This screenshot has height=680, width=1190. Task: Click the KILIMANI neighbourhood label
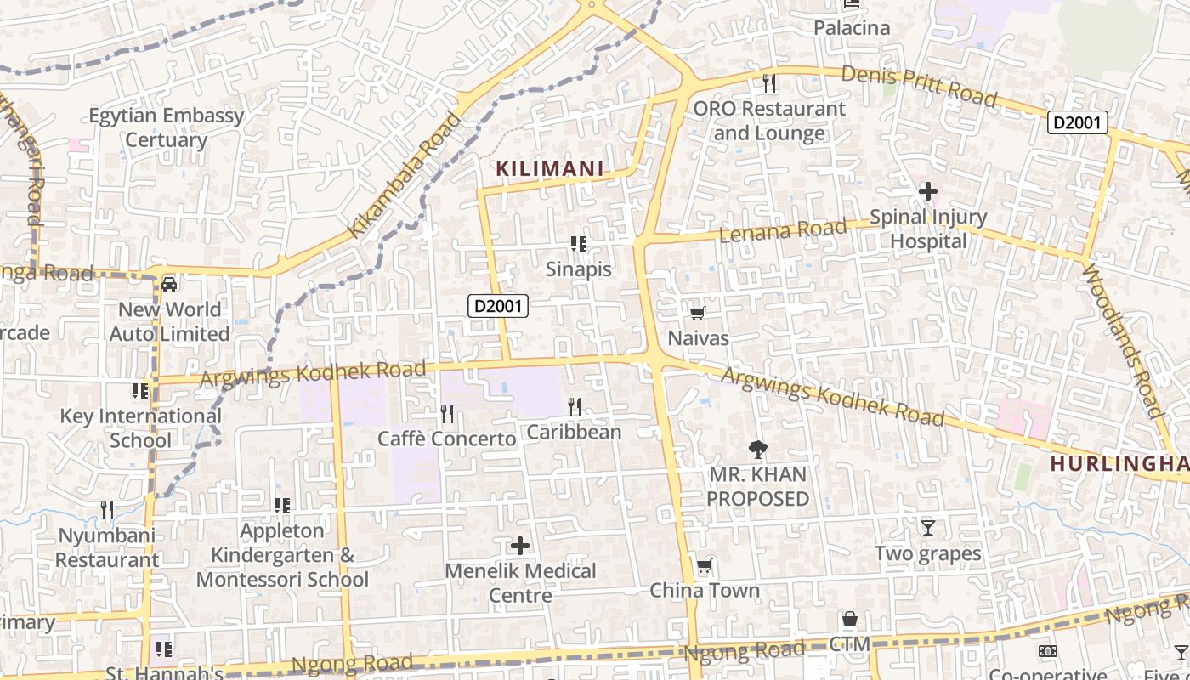tap(549, 169)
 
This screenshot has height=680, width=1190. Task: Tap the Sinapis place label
tap(579, 269)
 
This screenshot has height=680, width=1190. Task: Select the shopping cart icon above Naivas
tap(698, 313)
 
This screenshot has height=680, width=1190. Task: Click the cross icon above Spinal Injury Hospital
tap(927, 192)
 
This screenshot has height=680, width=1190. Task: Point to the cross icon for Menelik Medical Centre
tap(520, 546)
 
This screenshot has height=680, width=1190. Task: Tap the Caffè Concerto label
tap(447, 439)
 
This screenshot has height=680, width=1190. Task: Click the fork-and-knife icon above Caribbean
tap(575, 407)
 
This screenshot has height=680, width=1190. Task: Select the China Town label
tap(705, 590)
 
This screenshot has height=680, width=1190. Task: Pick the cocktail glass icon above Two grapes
tap(928, 528)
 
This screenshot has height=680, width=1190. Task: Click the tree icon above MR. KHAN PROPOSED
tap(757, 449)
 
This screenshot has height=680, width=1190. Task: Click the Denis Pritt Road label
tap(918, 85)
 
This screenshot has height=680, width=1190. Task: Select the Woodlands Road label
tap(1121, 340)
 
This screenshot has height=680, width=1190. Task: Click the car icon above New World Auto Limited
tap(169, 284)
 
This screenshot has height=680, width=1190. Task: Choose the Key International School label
tap(140, 428)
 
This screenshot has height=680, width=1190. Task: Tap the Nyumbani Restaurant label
tap(107, 548)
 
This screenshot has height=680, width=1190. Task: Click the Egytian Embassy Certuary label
tap(167, 127)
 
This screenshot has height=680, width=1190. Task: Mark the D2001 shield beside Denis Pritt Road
tap(1077, 122)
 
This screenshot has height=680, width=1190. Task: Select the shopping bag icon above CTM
tap(849, 619)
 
